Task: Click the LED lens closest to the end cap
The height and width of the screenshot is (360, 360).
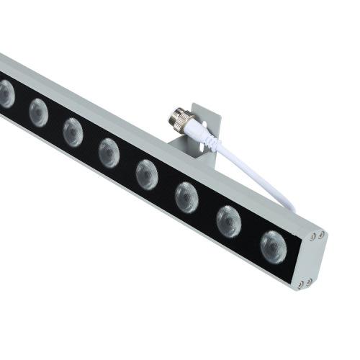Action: (x=273, y=246)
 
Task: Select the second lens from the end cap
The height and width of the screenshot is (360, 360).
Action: (x=229, y=220)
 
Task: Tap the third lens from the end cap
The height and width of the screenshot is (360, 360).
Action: (x=186, y=197)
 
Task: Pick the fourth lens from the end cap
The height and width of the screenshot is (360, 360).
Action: (x=147, y=174)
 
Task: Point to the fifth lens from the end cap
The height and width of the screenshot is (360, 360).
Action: (x=109, y=152)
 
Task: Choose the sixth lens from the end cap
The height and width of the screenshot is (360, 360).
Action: (x=73, y=132)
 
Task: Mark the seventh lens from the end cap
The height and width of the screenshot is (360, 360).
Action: (x=38, y=112)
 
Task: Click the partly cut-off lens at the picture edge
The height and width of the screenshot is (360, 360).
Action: (x=6, y=94)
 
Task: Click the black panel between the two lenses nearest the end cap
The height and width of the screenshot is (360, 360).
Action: (x=251, y=235)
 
